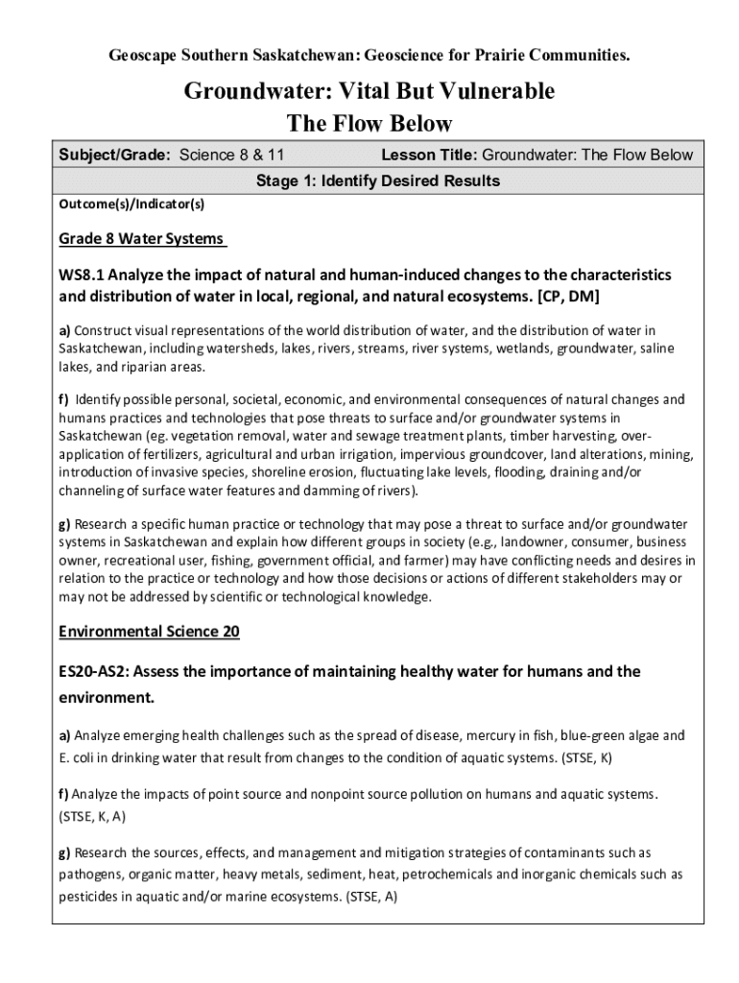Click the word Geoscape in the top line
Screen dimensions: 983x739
pos(140,57)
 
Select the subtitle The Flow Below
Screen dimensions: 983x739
pos(369,125)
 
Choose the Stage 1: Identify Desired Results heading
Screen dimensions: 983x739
pos(377,180)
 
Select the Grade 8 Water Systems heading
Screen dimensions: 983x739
pos(141,238)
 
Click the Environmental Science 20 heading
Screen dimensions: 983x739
pos(149,632)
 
